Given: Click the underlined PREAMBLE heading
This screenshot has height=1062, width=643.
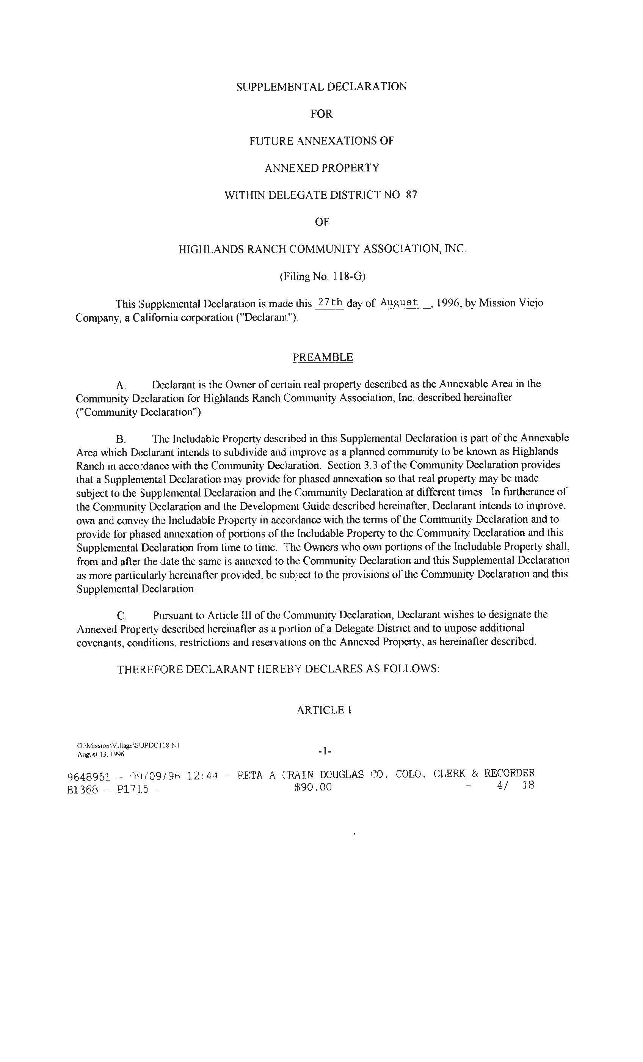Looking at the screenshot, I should click(322, 357).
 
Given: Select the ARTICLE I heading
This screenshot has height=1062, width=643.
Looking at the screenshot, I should click(324, 710).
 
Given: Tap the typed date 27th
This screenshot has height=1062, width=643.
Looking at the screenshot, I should click(330, 303).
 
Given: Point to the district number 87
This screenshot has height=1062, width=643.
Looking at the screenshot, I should click(412, 195).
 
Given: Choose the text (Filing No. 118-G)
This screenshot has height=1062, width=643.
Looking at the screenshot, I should click(322, 276).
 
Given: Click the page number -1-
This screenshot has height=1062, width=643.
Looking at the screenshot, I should click(325, 751).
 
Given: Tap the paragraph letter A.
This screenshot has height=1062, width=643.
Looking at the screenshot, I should click(120, 385).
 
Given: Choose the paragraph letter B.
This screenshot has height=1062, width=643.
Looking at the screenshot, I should click(120, 440).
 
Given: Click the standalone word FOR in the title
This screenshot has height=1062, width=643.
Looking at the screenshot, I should click(321, 114).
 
